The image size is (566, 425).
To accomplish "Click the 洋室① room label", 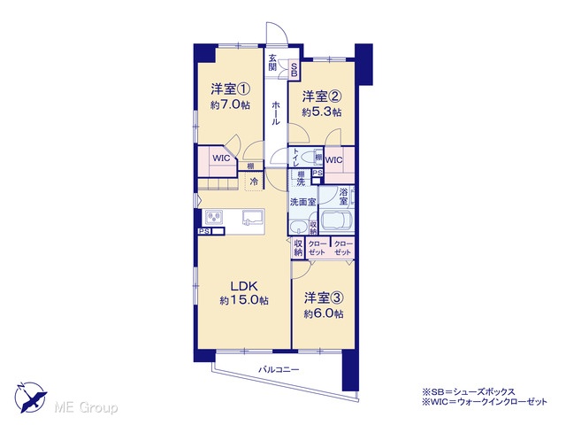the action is pos(230,89).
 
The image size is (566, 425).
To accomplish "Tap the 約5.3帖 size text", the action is pos(322,112).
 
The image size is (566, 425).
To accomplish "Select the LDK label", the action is pos(244,286).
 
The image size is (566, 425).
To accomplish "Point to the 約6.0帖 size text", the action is pos(324,313).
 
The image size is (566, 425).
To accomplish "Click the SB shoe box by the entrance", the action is pos(294,69).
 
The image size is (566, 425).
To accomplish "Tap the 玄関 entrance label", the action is pos(272,63).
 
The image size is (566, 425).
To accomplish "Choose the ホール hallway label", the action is pos(275,113).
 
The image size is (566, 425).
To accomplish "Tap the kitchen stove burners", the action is pos(214,217).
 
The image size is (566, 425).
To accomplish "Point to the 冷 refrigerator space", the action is pos(254,182).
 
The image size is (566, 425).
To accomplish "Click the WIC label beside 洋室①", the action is pos(221,158).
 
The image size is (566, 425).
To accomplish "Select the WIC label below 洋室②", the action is pos(334,159).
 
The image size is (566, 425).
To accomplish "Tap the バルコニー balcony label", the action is pos(279,370).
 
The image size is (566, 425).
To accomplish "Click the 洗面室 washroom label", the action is pos(302,202).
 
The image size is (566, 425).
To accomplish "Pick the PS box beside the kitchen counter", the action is pos(204,231).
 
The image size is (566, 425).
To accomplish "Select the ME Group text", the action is pos(86,407).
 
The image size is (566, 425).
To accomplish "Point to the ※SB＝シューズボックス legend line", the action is pos(469,391).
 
